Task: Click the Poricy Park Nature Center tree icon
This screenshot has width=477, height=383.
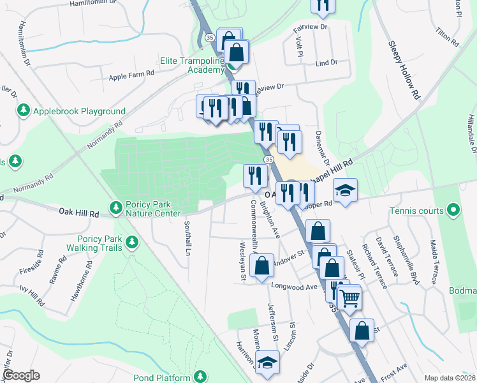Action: point(116,207)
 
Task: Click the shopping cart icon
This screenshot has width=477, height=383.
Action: point(349,297)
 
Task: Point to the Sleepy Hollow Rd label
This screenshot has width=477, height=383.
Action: point(405,70)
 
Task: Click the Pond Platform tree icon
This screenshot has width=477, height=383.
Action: point(201,377)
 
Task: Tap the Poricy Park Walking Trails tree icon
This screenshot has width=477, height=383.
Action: point(132,242)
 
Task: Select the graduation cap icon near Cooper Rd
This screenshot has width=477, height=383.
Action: point(345,190)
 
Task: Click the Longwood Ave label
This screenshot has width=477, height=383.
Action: point(294,287)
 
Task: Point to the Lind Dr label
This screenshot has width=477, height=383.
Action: point(326,63)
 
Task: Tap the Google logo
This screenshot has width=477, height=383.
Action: point(20,375)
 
